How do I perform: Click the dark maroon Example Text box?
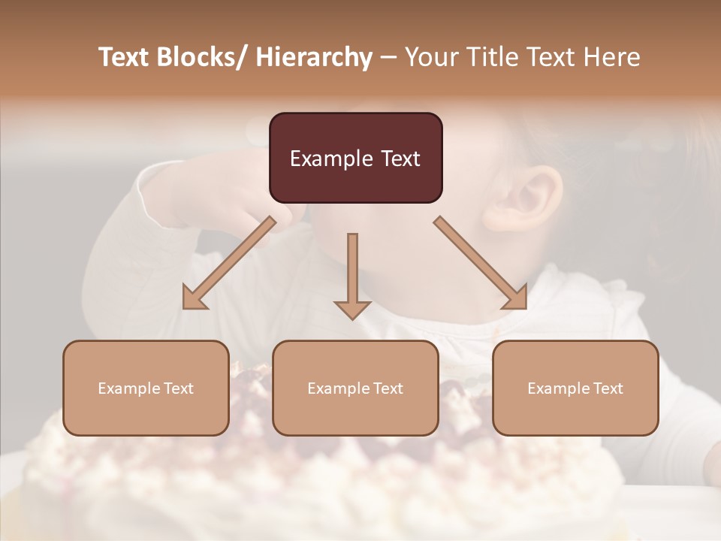coord(355,158)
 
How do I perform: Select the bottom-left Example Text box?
coord(146,388)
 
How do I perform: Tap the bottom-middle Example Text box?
coord(355,388)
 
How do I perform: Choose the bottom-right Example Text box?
coord(575,388)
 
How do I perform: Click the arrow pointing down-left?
coord(228,264)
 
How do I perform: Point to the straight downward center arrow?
coord(352,275)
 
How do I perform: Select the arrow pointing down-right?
coord(481,264)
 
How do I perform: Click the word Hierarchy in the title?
coord(314,58)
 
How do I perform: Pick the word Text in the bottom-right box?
coord(608,388)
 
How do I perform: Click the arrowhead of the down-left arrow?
coord(194,298)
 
